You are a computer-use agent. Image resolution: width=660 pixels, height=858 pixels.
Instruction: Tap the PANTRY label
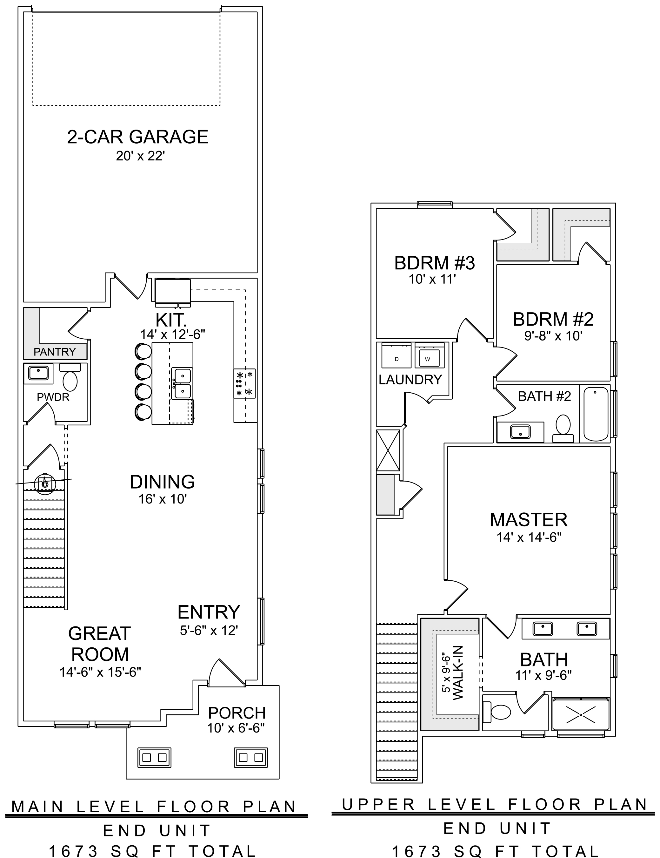[55, 352]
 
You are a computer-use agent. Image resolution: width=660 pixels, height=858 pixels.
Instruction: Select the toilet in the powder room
[70, 377]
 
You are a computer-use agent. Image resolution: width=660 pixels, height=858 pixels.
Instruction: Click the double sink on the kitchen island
[182, 383]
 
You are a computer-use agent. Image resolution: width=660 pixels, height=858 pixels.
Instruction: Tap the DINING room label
[162, 482]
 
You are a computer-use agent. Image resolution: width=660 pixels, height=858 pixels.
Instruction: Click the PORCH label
[237, 713]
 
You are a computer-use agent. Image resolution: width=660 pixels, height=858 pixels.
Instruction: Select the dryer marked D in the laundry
[397, 355]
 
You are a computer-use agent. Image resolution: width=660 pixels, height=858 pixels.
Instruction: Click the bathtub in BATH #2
[596, 414]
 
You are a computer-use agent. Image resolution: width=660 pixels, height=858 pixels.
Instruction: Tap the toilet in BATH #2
[563, 429]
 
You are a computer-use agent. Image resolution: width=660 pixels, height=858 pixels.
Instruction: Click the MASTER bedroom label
[529, 520]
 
